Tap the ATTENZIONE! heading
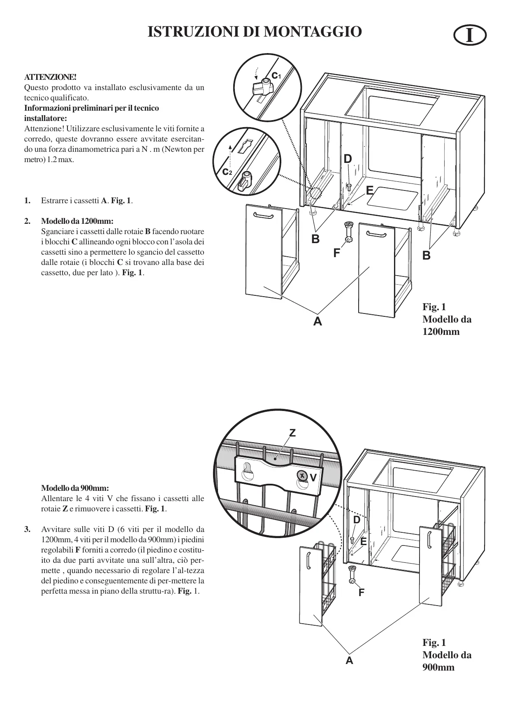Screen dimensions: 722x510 [x=51, y=77]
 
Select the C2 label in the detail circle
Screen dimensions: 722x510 [x=227, y=172]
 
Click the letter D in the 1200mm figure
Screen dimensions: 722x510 [x=348, y=159]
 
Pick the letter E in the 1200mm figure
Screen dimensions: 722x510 [x=369, y=190]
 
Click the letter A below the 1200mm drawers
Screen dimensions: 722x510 [x=317, y=321]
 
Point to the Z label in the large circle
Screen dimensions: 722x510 [x=292, y=433]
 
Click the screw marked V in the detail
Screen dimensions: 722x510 [x=302, y=476]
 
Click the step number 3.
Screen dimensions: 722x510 [x=27, y=529]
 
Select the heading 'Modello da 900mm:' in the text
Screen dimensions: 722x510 [x=75, y=488]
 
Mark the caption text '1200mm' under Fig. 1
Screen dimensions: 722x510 [x=441, y=332]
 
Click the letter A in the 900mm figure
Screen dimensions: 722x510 [x=349, y=661]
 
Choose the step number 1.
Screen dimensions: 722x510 [x=27, y=201]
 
